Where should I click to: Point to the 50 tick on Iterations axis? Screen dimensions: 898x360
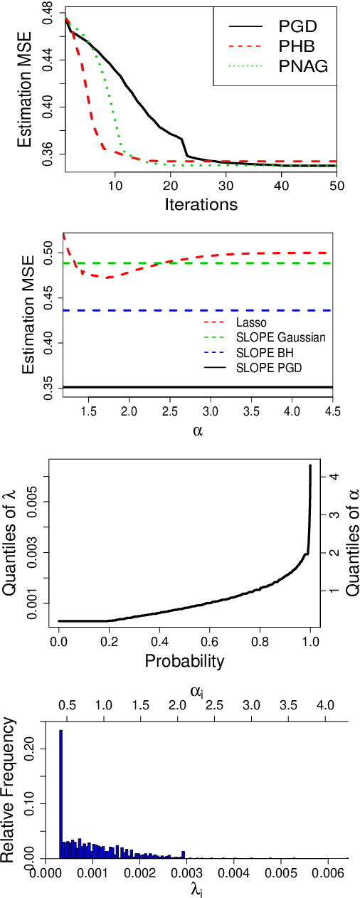pyautogui.click(x=336, y=185)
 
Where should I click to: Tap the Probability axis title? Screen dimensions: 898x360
pyautogui.click(x=184, y=660)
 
